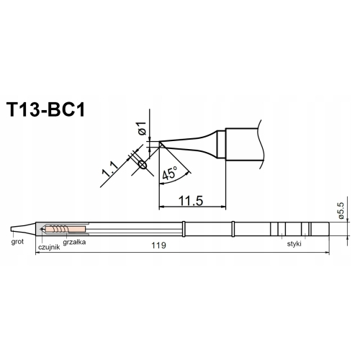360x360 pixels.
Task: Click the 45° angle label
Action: pos(171,174)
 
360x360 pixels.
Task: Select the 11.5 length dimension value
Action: pos(190,198)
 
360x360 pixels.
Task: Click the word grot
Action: pos(18,243)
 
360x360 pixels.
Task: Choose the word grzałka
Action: pos(76,243)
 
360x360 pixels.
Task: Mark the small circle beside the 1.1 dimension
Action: pos(141,165)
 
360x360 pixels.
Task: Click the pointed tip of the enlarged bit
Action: pos(160,144)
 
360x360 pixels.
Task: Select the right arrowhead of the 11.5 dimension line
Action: pos(223,206)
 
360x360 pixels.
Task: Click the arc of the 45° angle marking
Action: pos(184,170)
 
